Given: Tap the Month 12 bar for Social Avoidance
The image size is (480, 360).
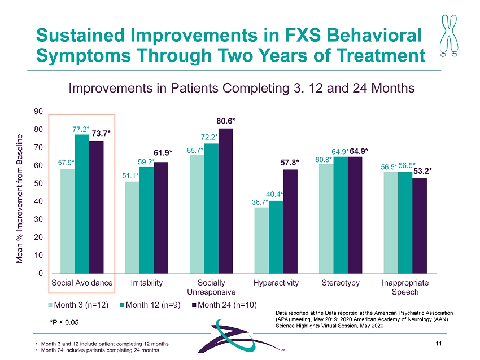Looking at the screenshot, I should pos(82,204).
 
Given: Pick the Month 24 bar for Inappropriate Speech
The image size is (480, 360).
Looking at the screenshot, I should pos(420,225).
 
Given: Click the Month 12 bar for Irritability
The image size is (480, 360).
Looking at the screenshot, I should pos(146,220).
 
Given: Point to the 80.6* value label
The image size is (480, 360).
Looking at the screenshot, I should pos(226,121).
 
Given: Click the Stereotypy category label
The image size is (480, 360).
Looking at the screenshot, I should pos(341,283).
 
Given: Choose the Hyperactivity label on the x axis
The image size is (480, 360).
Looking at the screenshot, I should pos(276,283).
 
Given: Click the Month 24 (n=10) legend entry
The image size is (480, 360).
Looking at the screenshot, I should pos(225,305).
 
